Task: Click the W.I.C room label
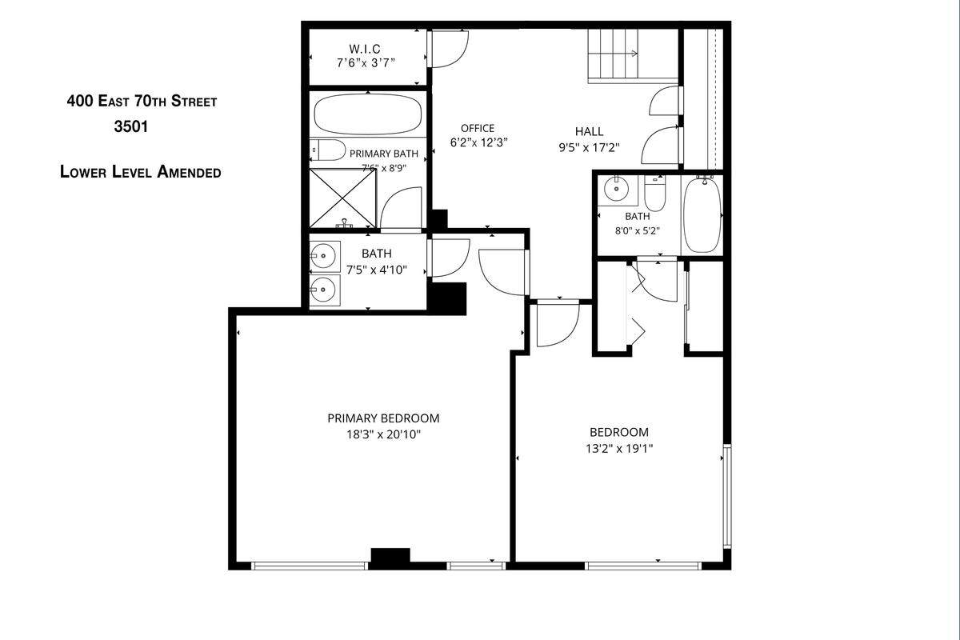pos(365,49)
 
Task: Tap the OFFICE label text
pos(478,128)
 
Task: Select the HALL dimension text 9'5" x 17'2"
pos(590,148)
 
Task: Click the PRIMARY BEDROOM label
pos(383,418)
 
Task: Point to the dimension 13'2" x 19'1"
pos(619,448)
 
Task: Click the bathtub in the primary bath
pos(368,114)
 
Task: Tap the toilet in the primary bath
pos(328,150)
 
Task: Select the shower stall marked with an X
pos(343,198)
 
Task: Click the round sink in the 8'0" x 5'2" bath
pos(616,189)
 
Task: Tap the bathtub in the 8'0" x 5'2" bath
pos(702,215)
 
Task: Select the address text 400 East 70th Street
pos(142,101)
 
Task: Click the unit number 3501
pos(131,126)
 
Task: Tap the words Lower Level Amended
pos(141,171)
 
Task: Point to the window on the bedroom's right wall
pos(727,496)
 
